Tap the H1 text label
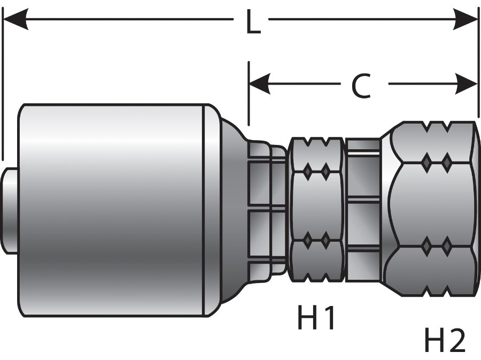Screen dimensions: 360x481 [316, 319]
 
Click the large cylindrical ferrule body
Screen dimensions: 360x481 [112, 209]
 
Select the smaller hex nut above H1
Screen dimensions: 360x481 [316, 209]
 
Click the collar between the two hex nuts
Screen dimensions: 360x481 [362, 209]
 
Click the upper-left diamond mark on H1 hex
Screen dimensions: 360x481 [308, 171]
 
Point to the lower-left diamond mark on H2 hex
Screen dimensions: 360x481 [426, 246]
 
